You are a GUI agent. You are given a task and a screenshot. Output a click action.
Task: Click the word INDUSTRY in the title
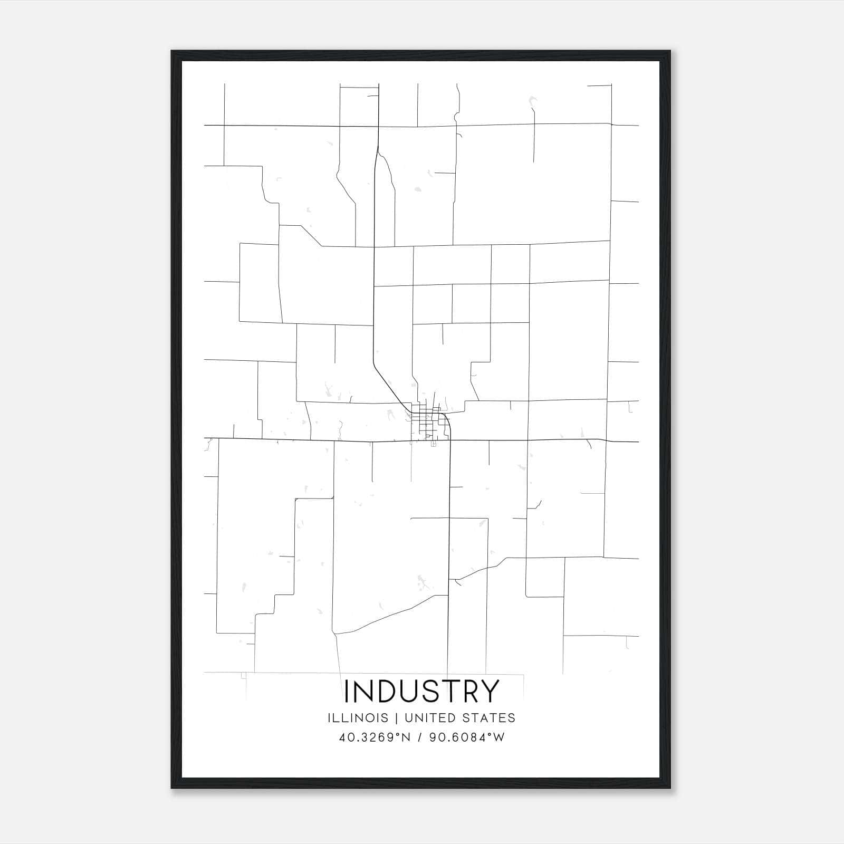[x=421, y=691]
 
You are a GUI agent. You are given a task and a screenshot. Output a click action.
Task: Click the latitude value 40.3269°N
[x=375, y=737]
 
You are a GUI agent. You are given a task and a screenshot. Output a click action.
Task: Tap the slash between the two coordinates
[x=419, y=737]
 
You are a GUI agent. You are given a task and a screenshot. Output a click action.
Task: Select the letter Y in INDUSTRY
[x=490, y=691]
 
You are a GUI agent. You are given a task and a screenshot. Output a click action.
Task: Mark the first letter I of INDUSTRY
[x=346, y=691]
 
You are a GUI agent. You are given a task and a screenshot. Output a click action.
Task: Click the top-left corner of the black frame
[x=172, y=52]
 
